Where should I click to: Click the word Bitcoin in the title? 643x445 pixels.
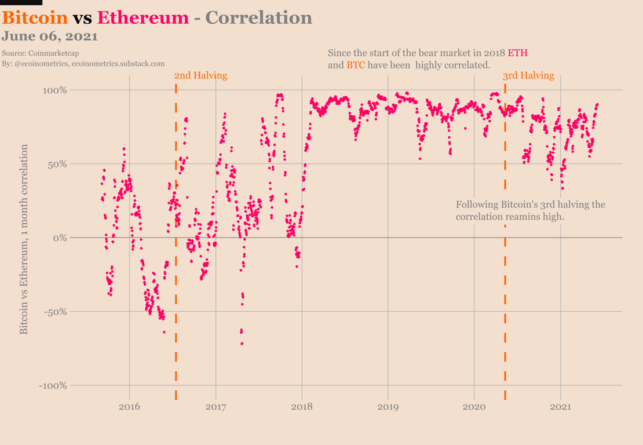pyautogui.click(x=35, y=17)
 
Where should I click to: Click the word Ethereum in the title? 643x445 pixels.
pyautogui.click(x=143, y=17)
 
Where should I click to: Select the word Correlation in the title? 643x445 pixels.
pyautogui.click(x=259, y=17)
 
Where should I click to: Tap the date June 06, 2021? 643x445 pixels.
pyautogui.click(x=49, y=36)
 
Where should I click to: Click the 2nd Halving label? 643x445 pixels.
pyautogui.click(x=200, y=75)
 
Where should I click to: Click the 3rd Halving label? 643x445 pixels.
pyautogui.click(x=528, y=75)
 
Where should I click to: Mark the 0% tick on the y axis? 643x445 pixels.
pyautogui.click(x=60, y=238)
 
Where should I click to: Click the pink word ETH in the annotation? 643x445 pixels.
pyautogui.click(x=518, y=53)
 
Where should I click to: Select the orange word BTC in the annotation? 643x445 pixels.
pyautogui.click(x=356, y=65)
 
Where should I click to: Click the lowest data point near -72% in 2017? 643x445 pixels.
pyautogui.click(x=242, y=344)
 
